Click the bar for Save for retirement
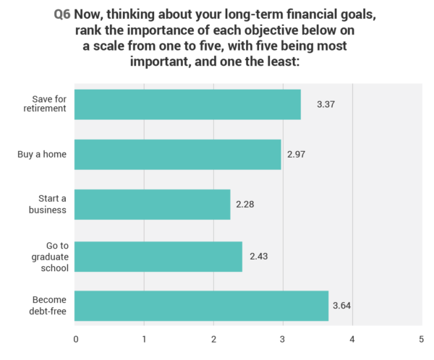pos(188,104)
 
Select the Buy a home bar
pos(178,154)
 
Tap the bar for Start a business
pos(153,205)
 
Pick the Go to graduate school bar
pos(158,255)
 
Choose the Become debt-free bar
pos(202,306)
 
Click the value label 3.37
pos(325,105)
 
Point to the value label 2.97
pos(296,155)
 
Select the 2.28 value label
pos(245,205)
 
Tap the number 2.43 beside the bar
pos(258,256)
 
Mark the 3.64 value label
pos(342,307)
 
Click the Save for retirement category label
pos(50,104)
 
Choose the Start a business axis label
pos(52,205)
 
